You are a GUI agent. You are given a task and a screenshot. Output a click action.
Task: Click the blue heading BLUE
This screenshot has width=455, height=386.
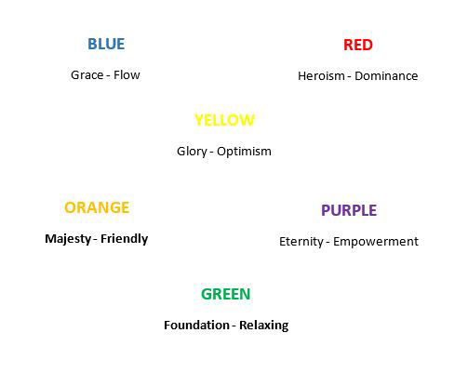click(106, 44)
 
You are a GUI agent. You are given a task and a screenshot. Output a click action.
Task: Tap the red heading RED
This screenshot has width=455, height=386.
click(358, 45)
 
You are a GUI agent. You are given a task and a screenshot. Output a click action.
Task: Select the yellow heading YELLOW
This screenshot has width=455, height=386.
click(224, 120)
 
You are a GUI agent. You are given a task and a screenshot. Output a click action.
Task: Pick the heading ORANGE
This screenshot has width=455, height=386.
click(97, 207)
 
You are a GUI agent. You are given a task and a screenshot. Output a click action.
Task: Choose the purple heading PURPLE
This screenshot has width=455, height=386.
click(349, 210)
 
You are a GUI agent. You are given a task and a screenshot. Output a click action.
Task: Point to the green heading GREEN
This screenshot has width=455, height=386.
click(226, 294)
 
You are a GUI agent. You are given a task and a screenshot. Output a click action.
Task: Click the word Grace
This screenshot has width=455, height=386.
click(87, 75)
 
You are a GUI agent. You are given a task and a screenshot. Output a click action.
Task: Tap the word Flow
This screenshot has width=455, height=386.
click(127, 75)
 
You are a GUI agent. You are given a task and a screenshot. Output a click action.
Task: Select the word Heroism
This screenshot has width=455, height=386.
click(321, 76)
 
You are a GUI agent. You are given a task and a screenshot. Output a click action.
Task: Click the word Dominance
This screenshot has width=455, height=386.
click(386, 76)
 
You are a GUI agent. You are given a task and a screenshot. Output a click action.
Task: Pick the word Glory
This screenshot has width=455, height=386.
click(192, 152)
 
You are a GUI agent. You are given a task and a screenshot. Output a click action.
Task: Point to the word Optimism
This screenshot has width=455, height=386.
click(244, 152)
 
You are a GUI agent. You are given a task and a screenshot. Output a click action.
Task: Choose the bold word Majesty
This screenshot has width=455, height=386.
click(68, 239)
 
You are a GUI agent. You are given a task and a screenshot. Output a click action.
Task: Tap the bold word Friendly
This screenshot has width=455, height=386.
click(125, 239)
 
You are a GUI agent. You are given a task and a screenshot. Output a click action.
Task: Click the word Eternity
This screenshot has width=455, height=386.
click(301, 242)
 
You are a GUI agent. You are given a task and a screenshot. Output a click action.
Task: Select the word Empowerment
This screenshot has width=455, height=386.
click(376, 242)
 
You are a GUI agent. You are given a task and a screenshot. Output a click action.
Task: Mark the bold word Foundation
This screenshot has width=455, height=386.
click(196, 326)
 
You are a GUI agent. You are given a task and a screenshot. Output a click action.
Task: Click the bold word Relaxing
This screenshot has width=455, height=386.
click(264, 326)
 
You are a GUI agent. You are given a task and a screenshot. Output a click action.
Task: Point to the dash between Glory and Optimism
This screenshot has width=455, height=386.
click(211, 153)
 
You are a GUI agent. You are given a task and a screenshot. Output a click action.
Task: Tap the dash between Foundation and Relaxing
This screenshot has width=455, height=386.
click(234, 326)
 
